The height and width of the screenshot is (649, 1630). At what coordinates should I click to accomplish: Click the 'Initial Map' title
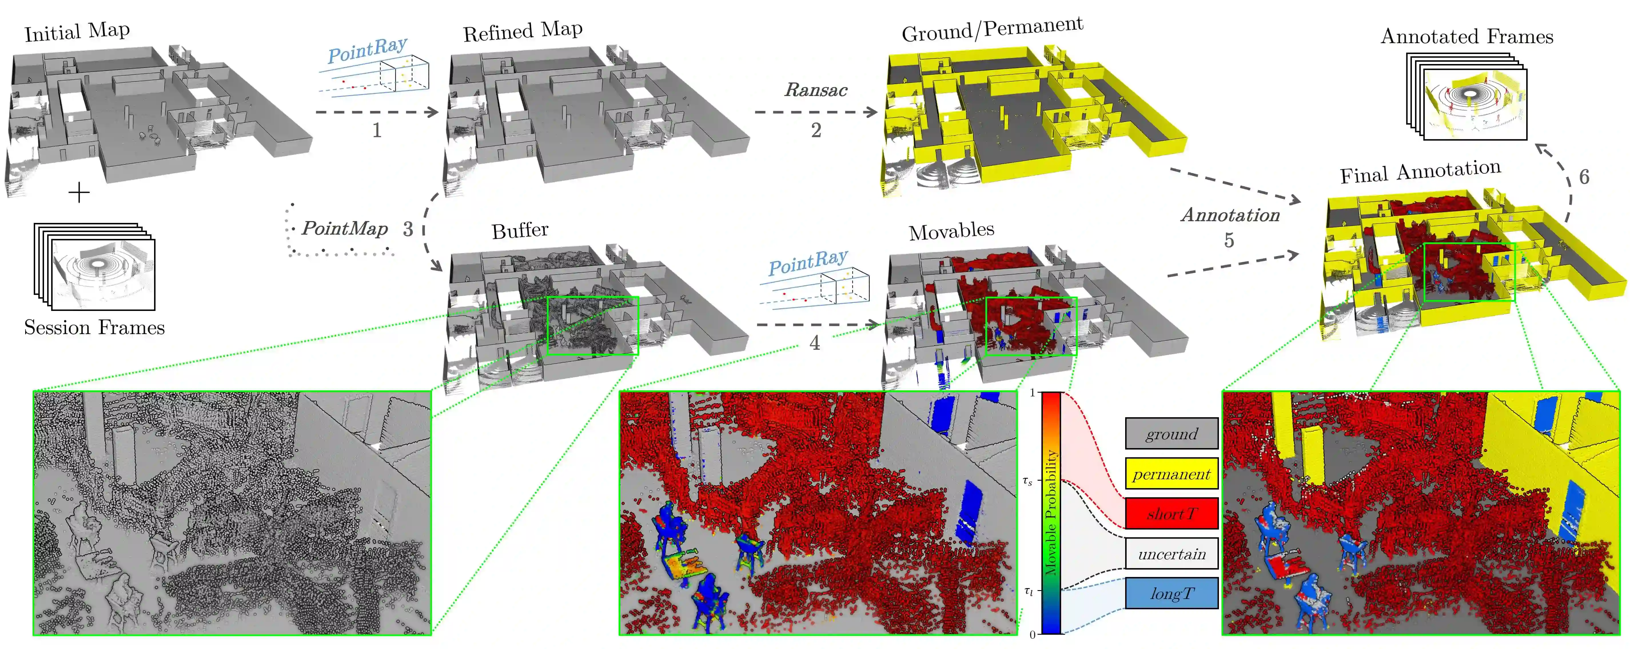pos(77,32)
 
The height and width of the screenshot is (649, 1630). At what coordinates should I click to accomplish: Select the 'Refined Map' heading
pos(523,32)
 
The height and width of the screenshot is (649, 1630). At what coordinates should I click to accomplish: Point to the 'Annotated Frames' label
pos(1467,37)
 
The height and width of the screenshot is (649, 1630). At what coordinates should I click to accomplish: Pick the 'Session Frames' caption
pos(94,328)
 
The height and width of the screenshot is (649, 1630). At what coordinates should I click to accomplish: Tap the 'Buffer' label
pos(520,230)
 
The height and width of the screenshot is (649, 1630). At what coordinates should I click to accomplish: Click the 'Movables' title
pos(952,231)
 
